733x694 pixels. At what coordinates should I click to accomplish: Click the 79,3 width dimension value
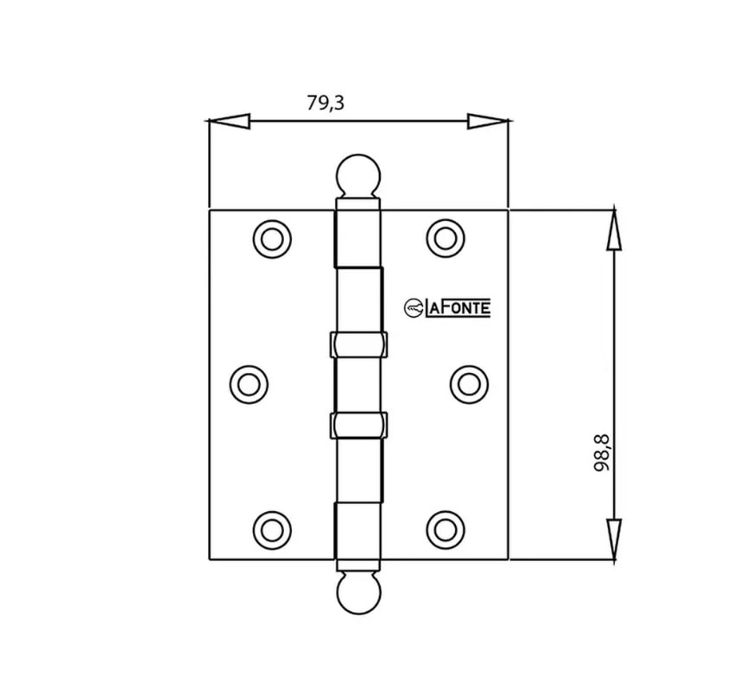tap(325, 103)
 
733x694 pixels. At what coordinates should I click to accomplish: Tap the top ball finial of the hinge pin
tap(357, 175)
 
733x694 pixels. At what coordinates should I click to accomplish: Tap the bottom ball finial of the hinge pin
tap(357, 593)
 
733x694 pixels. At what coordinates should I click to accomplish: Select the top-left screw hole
tap(272, 237)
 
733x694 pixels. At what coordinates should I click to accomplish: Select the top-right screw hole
tap(445, 237)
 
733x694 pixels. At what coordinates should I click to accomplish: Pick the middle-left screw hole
tap(250, 381)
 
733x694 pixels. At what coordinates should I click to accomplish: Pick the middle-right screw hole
tap(467, 381)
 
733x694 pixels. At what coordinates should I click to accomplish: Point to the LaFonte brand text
tap(458, 307)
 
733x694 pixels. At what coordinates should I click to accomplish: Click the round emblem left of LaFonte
tap(414, 307)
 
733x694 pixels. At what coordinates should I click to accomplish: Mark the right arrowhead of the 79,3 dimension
tap(487, 122)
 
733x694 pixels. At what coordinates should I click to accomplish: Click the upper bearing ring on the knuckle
tap(357, 344)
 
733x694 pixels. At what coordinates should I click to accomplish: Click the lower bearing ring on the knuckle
tap(357, 425)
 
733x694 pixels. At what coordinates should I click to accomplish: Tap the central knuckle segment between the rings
tap(357, 384)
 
